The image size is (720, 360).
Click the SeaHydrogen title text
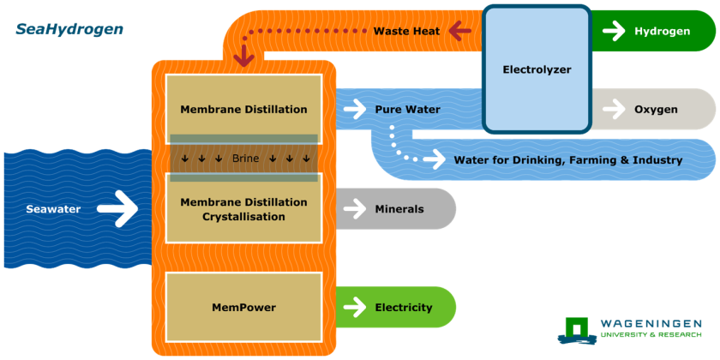click(x=69, y=29)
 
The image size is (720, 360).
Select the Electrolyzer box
click(x=537, y=69)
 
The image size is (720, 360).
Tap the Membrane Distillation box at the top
click(x=243, y=109)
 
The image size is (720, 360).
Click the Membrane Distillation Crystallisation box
click(x=243, y=209)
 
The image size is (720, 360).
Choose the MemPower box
click(x=243, y=307)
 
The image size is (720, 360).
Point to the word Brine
click(x=245, y=159)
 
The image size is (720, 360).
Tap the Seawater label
click(x=53, y=209)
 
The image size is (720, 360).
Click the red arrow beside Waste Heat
click(x=460, y=32)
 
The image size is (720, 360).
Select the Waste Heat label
click(x=406, y=32)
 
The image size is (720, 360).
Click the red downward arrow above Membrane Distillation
click(x=244, y=56)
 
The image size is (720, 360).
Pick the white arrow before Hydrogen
click(x=614, y=32)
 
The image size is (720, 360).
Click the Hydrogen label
click(x=662, y=32)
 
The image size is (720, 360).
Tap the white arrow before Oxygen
click(x=614, y=109)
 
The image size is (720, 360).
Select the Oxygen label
click(x=656, y=109)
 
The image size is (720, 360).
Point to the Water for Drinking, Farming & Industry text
click(x=567, y=160)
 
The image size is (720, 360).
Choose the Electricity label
click(x=403, y=308)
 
